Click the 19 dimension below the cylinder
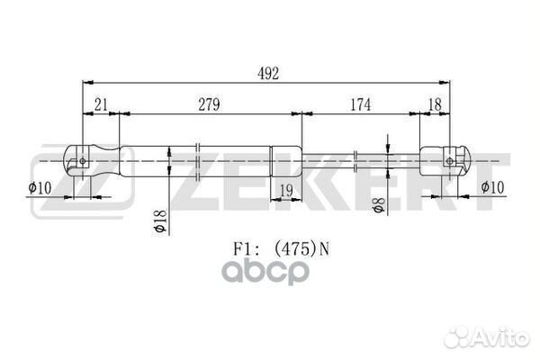point(285,188)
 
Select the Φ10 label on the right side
point(493,187)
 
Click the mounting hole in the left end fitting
point(83,162)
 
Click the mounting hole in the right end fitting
point(450,162)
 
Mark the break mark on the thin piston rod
point(358,162)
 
